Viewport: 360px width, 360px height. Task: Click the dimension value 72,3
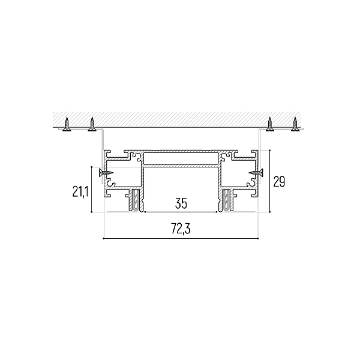(181, 229)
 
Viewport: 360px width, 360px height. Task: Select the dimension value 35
(181, 203)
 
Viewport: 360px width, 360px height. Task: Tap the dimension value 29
(279, 182)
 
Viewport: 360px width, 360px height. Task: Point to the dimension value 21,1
(80, 192)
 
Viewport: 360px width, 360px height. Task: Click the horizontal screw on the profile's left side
(106, 172)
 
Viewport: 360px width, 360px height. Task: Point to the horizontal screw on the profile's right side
(256, 172)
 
